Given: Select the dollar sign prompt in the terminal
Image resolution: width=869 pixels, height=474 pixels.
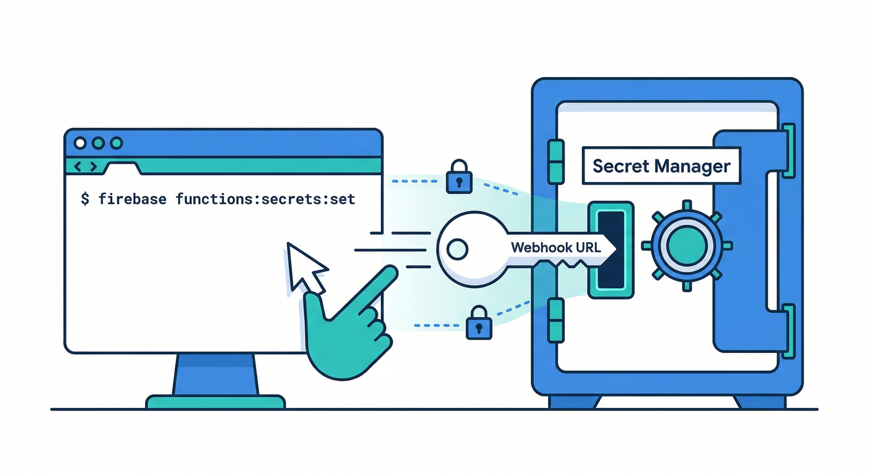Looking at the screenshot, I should [x=85, y=199].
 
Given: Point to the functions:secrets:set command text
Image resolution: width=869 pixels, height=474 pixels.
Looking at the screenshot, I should [x=265, y=199].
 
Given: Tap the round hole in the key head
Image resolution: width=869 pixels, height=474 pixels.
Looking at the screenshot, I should [x=457, y=249].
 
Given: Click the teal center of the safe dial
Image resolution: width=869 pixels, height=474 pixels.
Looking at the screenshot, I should [x=686, y=245].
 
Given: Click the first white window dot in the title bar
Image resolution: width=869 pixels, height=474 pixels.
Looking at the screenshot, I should [x=80, y=143].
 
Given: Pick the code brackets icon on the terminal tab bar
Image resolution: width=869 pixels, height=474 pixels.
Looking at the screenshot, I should [x=85, y=167].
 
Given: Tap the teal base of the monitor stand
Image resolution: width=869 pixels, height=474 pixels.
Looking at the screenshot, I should [x=215, y=402].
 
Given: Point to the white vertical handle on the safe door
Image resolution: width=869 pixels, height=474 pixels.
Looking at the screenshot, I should [x=771, y=240].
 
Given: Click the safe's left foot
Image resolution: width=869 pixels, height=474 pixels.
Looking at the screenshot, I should [x=573, y=402].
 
